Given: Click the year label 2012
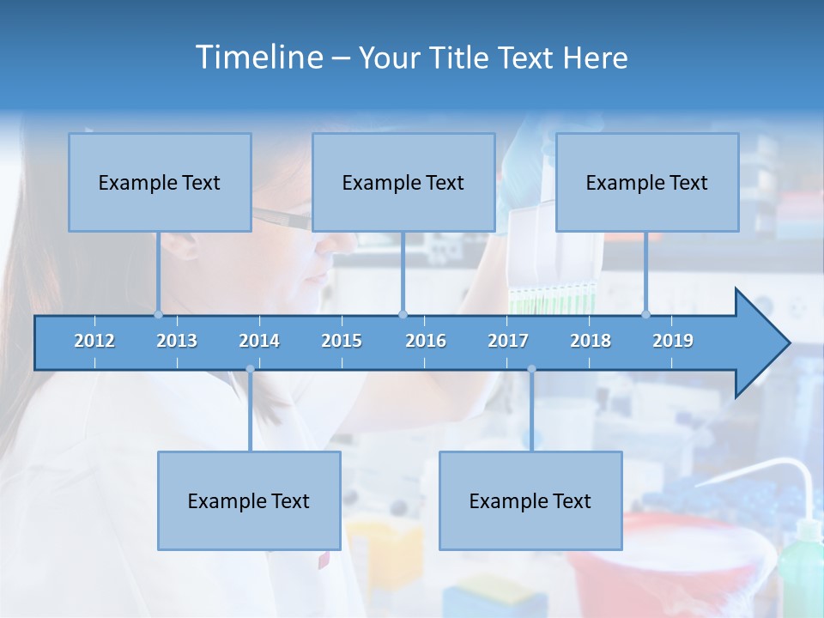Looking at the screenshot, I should (x=94, y=341).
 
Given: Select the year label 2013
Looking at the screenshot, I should (x=177, y=341).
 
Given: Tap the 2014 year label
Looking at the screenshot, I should (x=259, y=341).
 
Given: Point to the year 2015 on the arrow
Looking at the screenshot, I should (x=342, y=341).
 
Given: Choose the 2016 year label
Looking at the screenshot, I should (x=426, y=341).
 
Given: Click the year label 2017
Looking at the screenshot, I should (x=508, y=341).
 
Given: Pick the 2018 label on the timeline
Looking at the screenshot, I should (x=591, y=341).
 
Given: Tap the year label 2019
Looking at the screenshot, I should (x=673, y=341).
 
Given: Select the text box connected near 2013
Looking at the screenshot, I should (x=160, y=183).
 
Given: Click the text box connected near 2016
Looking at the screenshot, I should (x=403, y=183).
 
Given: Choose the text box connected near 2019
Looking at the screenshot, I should (x=647, y=183).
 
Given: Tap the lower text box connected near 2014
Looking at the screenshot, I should (x=249, y=500).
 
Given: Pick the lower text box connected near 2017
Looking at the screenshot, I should (x=530, y=500).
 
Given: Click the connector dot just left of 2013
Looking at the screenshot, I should (x=158, y=314).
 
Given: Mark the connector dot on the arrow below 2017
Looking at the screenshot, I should (x=531, y=369).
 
